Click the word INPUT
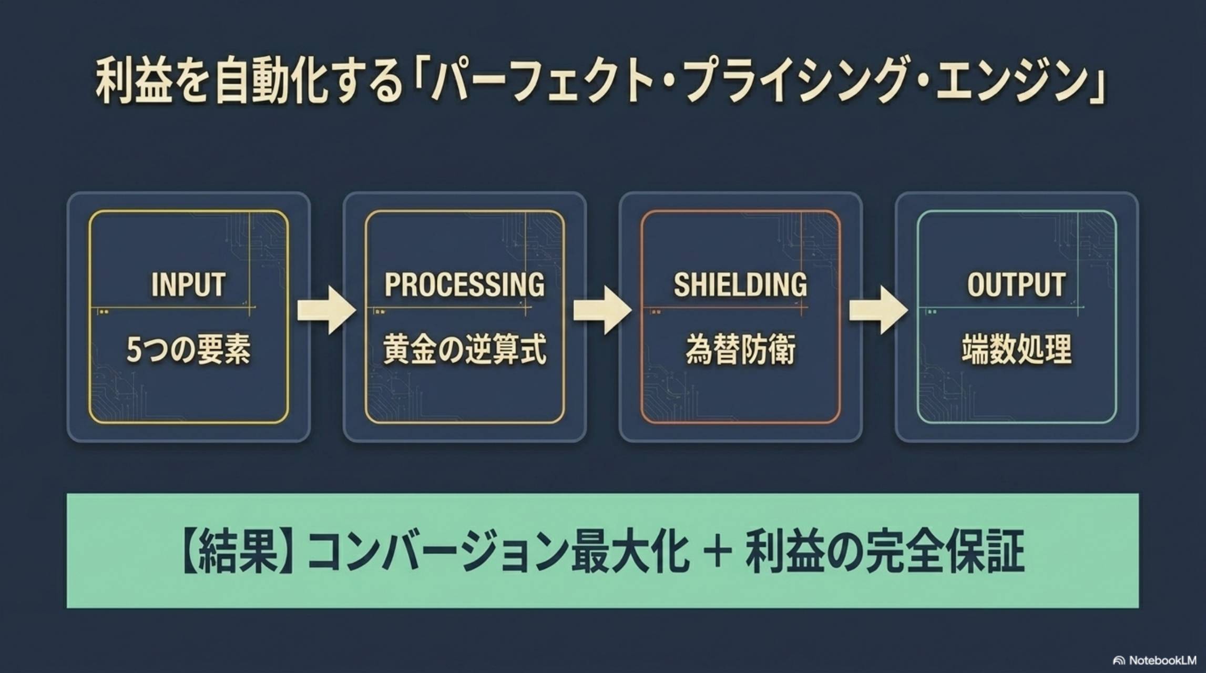(188, 284)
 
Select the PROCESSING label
(464, 284)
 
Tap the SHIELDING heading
(740, 284)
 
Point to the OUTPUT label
(1016, 284)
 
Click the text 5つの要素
(188, 350)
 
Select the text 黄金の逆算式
(464, 350)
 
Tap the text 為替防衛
(740, 350)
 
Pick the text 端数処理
(1016, 350)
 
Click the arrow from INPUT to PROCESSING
(326, 310)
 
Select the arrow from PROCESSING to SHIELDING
(602, 310)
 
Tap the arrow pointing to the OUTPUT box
(878, 310)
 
